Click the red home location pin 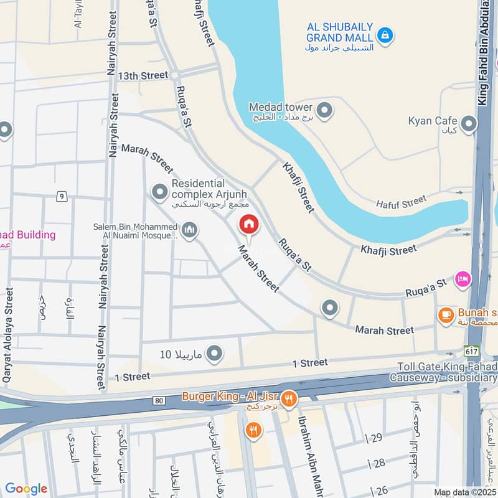click(x=249, y=225)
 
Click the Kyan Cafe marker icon click(x=468, y=125)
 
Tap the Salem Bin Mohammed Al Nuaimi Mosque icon click(x=190, y=231)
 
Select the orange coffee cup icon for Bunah click(x=446, y=316)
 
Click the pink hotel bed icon click(x=463, y=278)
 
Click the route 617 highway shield click(x=471, y=351)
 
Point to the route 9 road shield click(x=61, y=197)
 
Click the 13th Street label click(x=145, y=75)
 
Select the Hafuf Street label click(x=402, y=202)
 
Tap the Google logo click(x=26, y=489)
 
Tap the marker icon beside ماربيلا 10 click(x=214, y=354)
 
